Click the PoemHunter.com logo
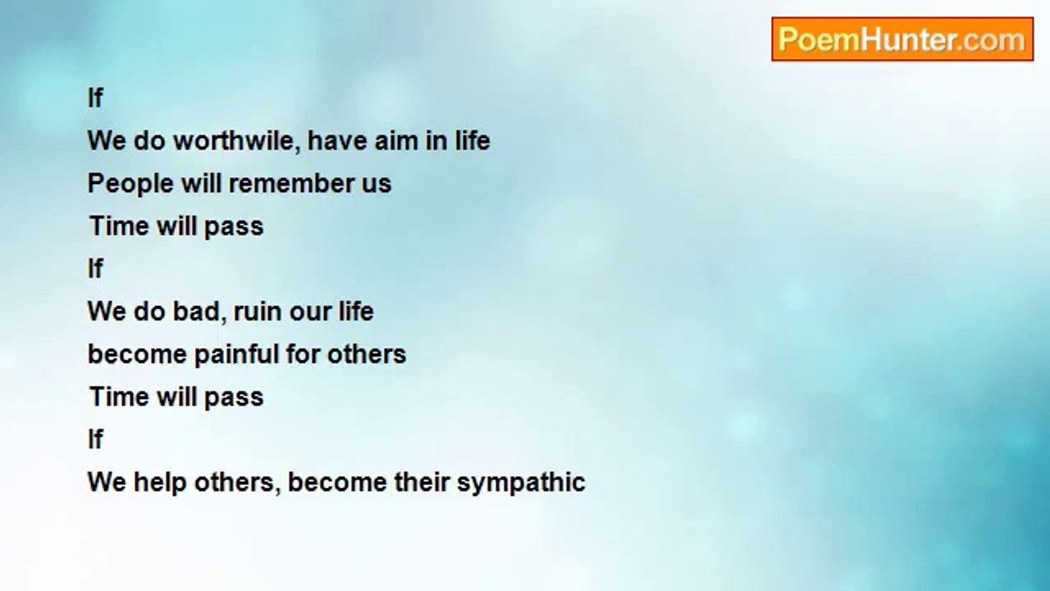click(x=902, y=39)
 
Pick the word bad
click(x=196, y=311)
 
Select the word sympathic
click(x=521, y=483)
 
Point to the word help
click(x=160, y=483)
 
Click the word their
click(x=422, y=482)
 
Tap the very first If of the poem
click(x=95, y=98)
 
